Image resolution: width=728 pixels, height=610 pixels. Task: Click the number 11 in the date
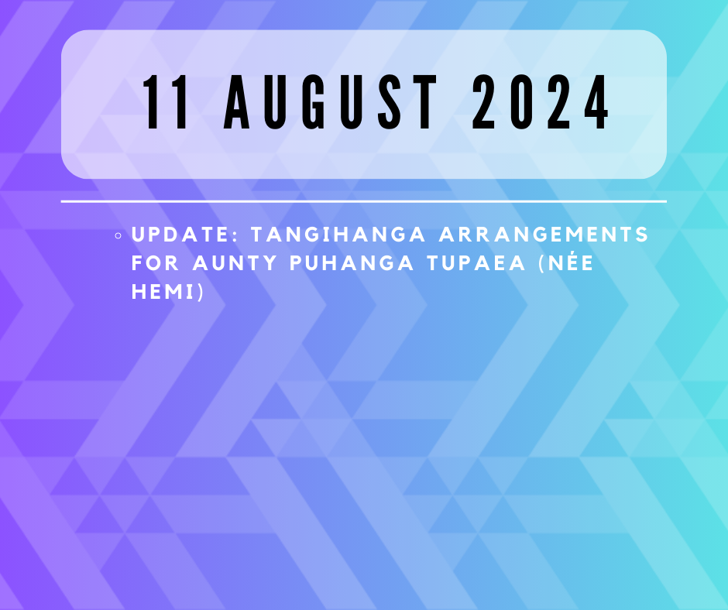click(166, 102)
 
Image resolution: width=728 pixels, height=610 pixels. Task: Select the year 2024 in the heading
click(540, 102)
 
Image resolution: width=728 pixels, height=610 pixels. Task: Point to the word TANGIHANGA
click(338, 235)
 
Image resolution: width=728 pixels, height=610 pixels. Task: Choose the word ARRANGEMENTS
click(543, 235)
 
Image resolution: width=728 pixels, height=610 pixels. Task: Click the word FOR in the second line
click(155, 263)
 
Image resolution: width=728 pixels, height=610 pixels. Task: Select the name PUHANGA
click(352, 263)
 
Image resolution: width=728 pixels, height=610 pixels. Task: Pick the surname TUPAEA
click(476, 263)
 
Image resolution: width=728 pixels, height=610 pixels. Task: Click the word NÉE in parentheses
click(570, 262)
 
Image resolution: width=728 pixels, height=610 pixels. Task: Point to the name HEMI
click(163, 292)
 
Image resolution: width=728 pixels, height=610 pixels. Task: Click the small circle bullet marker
click(118, 236)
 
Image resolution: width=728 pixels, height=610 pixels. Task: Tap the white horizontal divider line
click(363, 201)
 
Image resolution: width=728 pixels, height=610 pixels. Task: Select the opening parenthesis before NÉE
click(541, 263)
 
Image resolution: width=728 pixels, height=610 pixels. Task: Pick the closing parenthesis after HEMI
click(200, 292)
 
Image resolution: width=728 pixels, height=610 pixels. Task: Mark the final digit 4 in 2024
click(596, 102)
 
